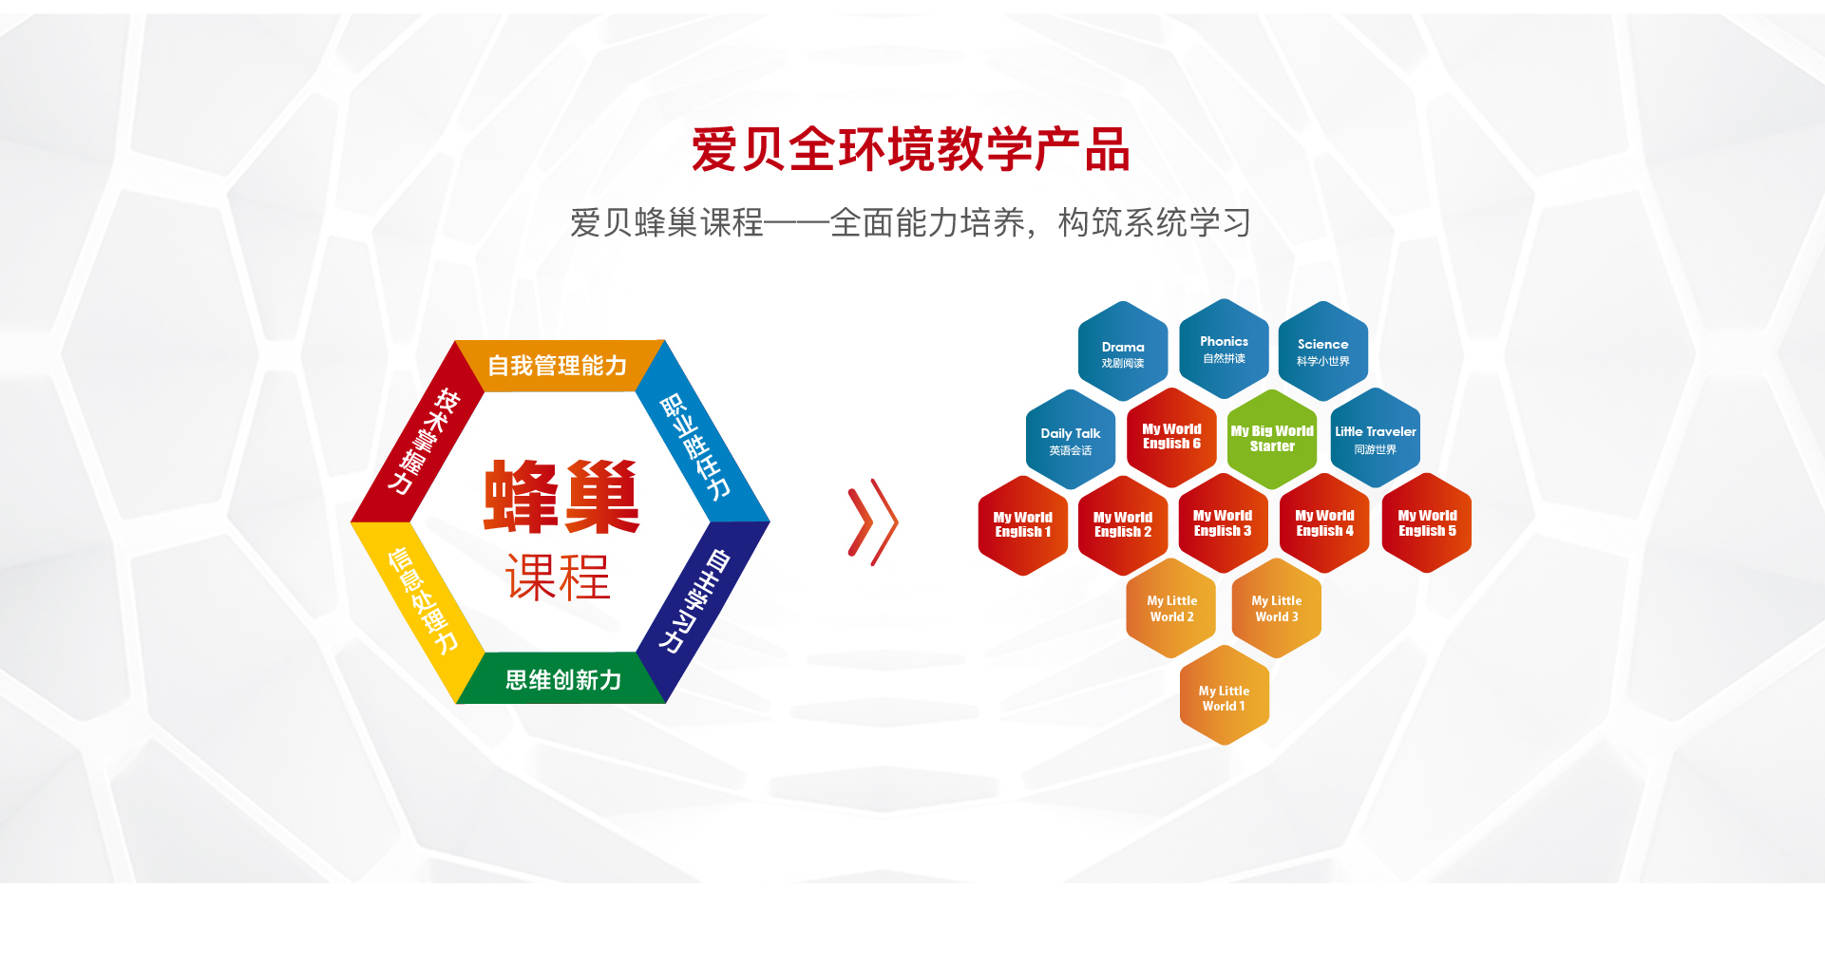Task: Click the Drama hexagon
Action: tap(1123, 351)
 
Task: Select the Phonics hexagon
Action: tap(1224, 349)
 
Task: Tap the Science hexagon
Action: tap(1322, 351)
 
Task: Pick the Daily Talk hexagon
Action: tap(1071, 440)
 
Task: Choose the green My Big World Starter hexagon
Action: tap(1272, 439)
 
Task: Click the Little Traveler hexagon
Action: tap(1375, 438)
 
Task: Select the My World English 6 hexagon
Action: tap(1171, 437)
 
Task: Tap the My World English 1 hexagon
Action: tap(1023, 525)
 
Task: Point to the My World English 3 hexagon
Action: tap(1223, 523)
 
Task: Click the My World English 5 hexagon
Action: tap(1427, 523)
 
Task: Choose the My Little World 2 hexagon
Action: tap(1171, 608)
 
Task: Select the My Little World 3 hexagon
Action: tap(1276, 608)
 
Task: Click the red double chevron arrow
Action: tap(872, 522)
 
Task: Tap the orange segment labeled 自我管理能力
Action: tap(559, 365)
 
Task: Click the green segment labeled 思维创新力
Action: tap(562, 678)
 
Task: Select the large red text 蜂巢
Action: tap(561, 498)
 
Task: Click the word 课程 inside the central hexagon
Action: tap(558, 577)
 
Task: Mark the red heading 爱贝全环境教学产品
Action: tap(910, 150)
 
